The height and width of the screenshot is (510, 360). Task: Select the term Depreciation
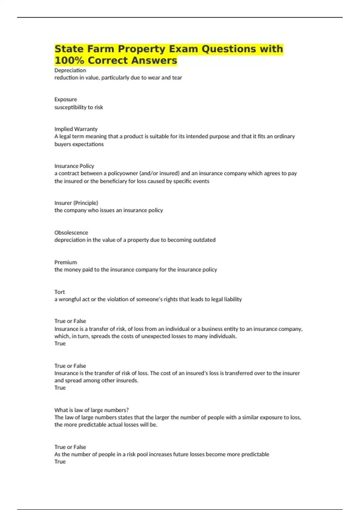[x=70, y=70]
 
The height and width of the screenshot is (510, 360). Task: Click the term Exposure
[x=66, y=99]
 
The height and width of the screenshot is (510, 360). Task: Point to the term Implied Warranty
[x=76, y=129]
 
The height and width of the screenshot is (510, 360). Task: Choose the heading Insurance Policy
[x=74, y=166]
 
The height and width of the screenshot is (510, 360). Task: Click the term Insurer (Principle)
[x=76, y=203]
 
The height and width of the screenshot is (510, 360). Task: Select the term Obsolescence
[x=71, y=232]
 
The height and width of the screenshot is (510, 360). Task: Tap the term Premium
[x=66, y=262]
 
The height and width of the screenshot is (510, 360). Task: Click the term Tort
[x=59, y=292]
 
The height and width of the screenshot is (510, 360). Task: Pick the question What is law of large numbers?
[x=91, y=410]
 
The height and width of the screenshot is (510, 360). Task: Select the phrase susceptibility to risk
[x=79, y=107]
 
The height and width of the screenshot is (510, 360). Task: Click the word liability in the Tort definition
[x=233, y=299]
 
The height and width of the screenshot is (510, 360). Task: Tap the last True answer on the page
[x=60, y=462]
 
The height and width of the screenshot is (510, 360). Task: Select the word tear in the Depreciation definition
[x=177, y=78]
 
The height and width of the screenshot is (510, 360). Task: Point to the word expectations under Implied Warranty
[x=88, y=144]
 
